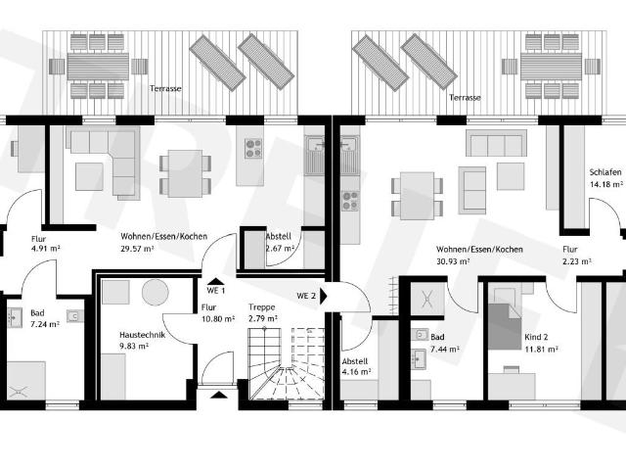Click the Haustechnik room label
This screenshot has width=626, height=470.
tap(143, 335)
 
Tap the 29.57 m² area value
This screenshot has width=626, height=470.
tap(137, 249)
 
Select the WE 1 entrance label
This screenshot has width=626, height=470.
tap(216, 291)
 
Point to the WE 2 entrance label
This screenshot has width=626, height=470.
tap(306, 296)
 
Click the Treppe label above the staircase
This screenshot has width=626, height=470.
tap(262, 307)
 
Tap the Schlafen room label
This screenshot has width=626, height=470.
tap(605, 172)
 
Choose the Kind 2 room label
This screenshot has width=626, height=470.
tap(536, 337)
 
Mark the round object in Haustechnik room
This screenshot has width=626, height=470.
tap(156, 293)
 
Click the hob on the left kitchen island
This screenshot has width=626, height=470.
tap(253, 148)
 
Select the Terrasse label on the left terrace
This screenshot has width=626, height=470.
tap(165, 88)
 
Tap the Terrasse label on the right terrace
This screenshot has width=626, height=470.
tap(465, 98)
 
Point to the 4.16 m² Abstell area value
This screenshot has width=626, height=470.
tap(356, 372)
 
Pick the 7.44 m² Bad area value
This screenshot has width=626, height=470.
tap(445, 349)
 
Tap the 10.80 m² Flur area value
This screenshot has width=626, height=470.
tap(218, 319)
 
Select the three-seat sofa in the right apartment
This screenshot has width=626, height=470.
tap(496, 143)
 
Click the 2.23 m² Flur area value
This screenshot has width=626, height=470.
tap(577, 261)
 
